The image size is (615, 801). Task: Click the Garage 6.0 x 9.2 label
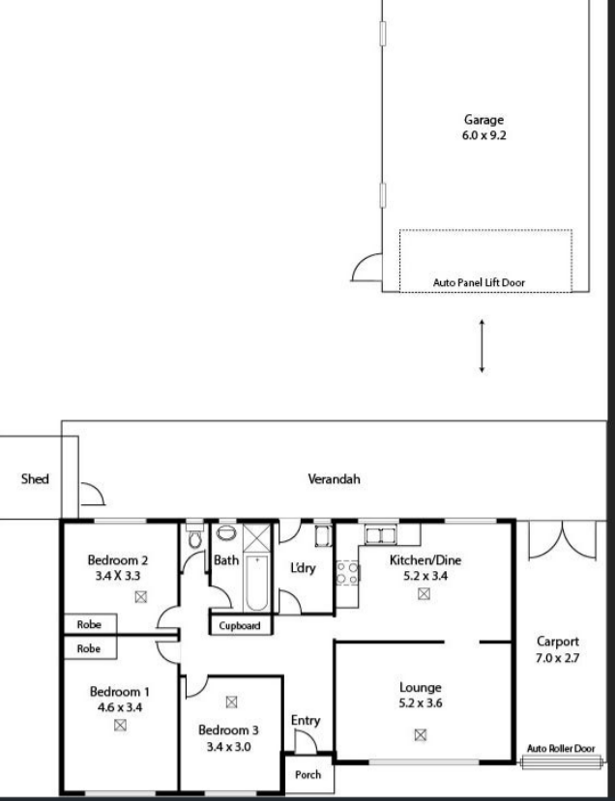[x=483, y=128]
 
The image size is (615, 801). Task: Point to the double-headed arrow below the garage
[x=482, y=346]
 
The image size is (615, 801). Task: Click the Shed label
[x=35, y=478]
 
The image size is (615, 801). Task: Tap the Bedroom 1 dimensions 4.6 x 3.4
[x=120, y=706]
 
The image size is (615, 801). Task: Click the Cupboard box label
[x=241, y=626]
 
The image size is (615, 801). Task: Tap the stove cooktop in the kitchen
[x=346, y=572]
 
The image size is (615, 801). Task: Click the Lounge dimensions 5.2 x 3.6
[x=421, y=702]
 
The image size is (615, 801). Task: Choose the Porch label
[x=307, y=775]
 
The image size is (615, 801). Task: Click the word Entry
[x=306, y=721]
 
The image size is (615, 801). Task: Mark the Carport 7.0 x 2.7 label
[x=558, y=648]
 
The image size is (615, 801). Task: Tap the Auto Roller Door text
[x=561, y=747]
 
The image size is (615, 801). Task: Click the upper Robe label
[x=89, y=625]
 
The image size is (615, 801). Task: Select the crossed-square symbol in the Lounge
[x=421, y=734]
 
